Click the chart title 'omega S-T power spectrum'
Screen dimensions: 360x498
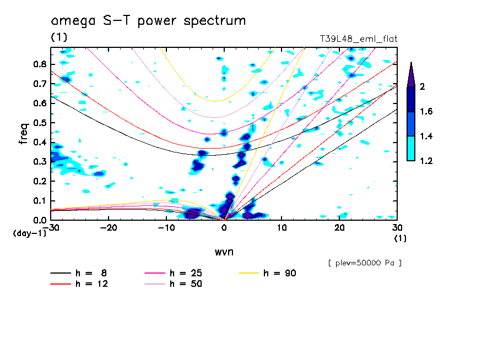coord(148,21)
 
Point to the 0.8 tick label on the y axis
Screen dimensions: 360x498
coord(39,64)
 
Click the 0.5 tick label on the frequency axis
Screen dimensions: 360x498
coord(39,122)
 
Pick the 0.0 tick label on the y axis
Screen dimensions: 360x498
coord(39,220)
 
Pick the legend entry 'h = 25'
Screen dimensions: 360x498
coord(185,273)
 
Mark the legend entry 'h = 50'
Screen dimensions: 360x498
coord(185,284)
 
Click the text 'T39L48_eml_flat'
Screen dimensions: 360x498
coord(359,39)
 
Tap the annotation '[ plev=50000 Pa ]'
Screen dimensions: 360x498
coord(365,263)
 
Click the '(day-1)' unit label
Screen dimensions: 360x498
coord(29,233)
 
